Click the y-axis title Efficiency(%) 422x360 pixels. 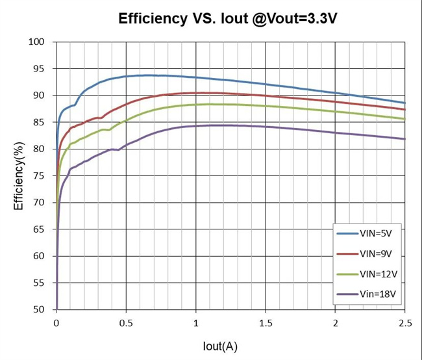point(19,176)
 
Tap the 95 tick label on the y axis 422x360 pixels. point(40,69)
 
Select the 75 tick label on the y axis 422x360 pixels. point(40,176)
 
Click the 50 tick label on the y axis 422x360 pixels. point(40,310)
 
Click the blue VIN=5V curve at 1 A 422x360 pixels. point(195,77)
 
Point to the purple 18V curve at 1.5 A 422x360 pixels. point(265,127)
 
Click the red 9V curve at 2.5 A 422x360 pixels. point(404,109)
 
